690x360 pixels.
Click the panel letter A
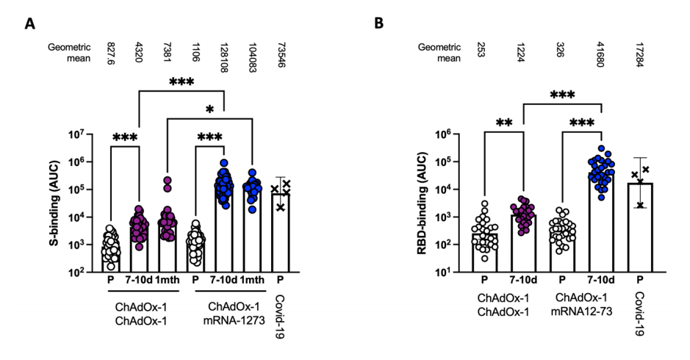pyautogui.click(x=30, y=24)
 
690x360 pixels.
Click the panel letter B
pyautogui.click(x=378, y=24)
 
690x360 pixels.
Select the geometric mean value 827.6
pyautogui.click(x=111, y=54)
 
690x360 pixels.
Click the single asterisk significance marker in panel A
pyautogui.click(x=209, y=110)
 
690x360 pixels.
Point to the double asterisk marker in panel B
pyautogui.click(x=504, y=123)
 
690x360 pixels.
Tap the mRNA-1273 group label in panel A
pyautogui.click(x=234, y=320)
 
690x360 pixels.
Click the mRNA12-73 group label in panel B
pyautogui.click(x=581, y=312)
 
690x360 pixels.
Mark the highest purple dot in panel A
pyautogui.click(x=168, y=179)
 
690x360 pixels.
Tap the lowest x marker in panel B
pyautogui.click(x=640, y=205)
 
